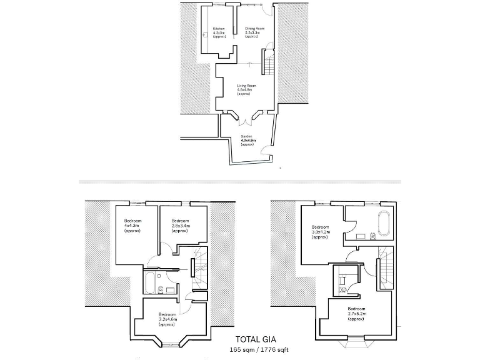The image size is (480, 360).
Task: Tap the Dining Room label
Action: pyautogui.click(x=255, y=32)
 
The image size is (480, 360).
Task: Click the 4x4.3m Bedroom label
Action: pyautogui.click(x=132, y=226)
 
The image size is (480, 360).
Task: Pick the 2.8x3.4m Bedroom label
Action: pyautogui.click(x=181, y=226)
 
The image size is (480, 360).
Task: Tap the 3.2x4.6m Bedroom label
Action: pyautogui.click(x=167, y=319)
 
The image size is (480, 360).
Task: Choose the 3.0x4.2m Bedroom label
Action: pyautogui.click(x=320, y=231)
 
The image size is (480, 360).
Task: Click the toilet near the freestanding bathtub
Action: pyautogui.click(x=373, y=236)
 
